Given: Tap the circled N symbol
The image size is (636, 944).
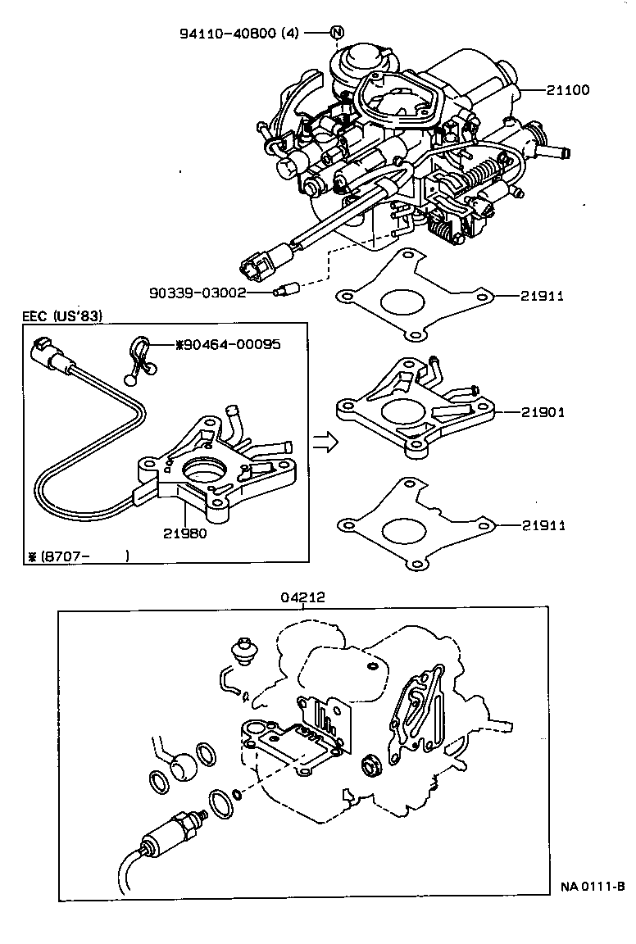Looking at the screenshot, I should click(337, 33).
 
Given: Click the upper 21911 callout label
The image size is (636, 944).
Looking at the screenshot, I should click(542, 296).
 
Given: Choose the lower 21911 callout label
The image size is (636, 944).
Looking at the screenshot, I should click(542, 524).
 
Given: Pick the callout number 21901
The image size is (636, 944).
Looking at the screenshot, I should click(542, 412).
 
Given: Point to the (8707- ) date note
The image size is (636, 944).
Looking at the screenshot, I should click(78, 556).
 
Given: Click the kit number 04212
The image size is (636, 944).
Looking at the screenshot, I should click(303, 597).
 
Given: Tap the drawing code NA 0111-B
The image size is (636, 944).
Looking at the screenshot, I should click(593, 887).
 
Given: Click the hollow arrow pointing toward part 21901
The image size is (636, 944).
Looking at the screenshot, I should click(326, 442).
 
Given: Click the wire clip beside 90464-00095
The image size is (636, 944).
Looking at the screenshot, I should click(141, 358).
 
